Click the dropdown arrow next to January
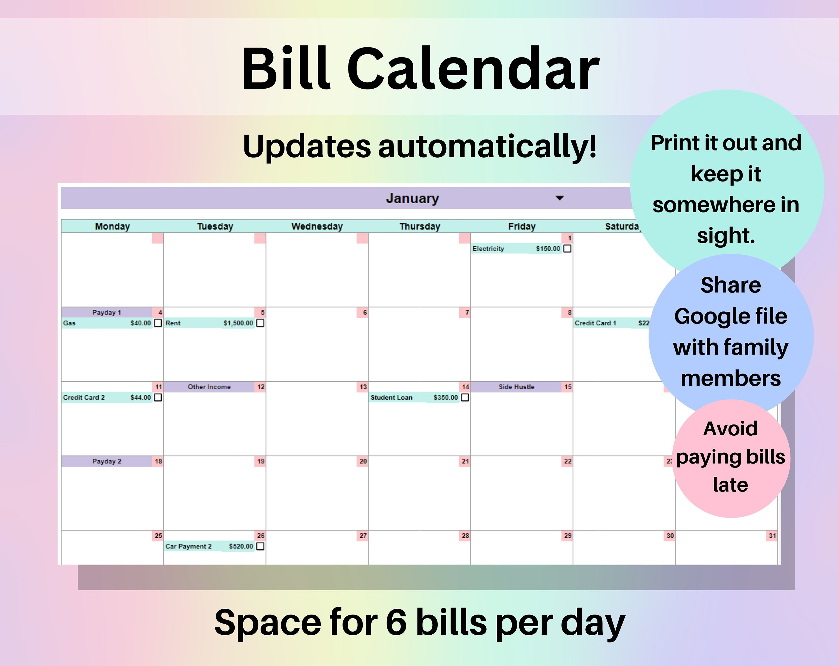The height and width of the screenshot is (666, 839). [560, 198]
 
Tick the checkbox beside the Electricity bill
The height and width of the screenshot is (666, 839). [567, 249]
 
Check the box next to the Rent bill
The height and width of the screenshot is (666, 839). [260, 323]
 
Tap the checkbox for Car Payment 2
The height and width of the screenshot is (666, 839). [260, 546]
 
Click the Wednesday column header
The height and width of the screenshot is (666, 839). [317, 226]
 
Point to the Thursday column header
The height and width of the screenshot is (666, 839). [419, 226]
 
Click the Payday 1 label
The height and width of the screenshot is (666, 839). [107, 312]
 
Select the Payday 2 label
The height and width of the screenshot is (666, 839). [107, 461]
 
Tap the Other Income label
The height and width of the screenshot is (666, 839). [209, 387]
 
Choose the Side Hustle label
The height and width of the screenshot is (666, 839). [516, 387]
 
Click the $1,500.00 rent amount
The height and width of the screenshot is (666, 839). [238, 323]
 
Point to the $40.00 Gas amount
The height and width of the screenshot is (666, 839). [140, 323]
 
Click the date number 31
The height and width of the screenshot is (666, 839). [772, 536]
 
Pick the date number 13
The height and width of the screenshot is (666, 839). [363, 387]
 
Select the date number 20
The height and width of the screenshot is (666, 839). [363, 461]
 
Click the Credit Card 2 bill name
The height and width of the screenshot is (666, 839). [84, 397]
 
